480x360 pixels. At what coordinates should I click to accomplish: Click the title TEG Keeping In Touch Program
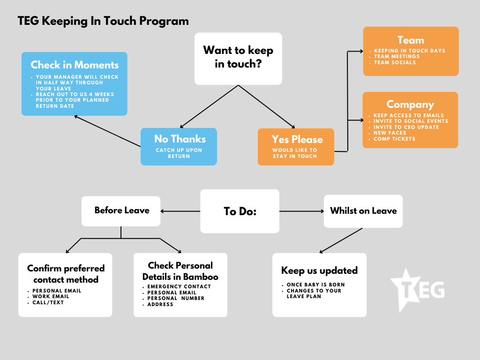click(x=103, y=21)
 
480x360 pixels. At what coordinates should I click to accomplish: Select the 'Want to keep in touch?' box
click(x=238, y=59)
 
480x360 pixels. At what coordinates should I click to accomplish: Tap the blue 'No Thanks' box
click(x=179, y=147)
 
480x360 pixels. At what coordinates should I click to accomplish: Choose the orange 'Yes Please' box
click(x=296, y=147)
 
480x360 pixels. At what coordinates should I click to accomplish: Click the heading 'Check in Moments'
click(x=75, y=65)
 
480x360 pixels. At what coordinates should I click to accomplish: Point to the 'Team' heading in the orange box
click(x=411, y=40)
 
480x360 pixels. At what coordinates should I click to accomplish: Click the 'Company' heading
click(x=410, y=105)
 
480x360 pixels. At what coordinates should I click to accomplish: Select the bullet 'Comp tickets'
click(x=394, y=139)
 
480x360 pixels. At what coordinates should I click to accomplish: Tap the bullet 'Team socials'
click(x=395, y=62)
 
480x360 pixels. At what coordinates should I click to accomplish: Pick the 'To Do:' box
click(x=240, y=211)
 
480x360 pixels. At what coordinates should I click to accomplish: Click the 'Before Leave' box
click(x=121, y=211)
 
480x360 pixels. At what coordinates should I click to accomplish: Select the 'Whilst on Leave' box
click(x=363, y=211)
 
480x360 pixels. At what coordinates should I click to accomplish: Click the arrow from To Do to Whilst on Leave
click(x=301, y=211)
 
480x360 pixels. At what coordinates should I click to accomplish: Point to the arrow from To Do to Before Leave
click(x=180, y=211)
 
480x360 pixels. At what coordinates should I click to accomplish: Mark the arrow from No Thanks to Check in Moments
click(x=107, y=131)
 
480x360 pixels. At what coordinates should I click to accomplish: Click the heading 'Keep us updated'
click(x=319, y=270)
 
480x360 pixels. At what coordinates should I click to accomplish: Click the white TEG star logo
click(x=417, y=290)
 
